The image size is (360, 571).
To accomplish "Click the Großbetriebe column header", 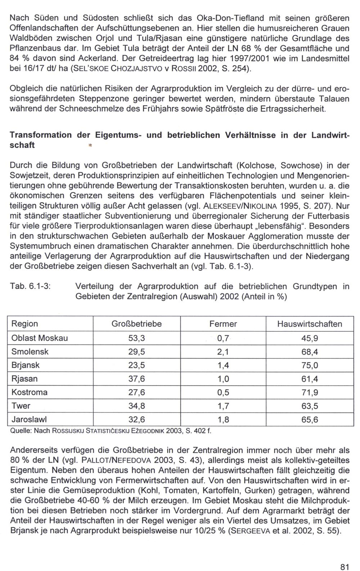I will pyautogui.click(x=136, y=324).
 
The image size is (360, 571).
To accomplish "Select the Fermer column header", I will pyautogui.click(x=223, y=324).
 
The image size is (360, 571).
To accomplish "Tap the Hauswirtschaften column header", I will pyautogui.click(x=309, y=324).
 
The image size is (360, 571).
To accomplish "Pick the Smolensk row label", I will pyautogui.click(x=30, y=352).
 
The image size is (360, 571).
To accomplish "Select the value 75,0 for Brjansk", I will pyautogui.click(x=309, y=365).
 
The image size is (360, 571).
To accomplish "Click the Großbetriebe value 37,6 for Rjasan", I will pyautogui.click(x=136, y=379).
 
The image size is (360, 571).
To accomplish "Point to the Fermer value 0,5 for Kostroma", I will pyautogui.click(x=223, y=392).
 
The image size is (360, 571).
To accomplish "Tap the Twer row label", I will pyautogui.click(x=21, y=406).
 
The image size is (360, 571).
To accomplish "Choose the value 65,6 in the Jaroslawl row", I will pyautogui.click(x=309, y=420).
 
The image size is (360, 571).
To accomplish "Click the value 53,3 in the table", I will pyautogui.click(x=136, y=338).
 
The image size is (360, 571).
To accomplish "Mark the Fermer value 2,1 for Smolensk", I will pyautogui.click(x=223, y=352).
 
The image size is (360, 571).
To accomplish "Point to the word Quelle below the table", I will pyautogui.click(x=19, y=431).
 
